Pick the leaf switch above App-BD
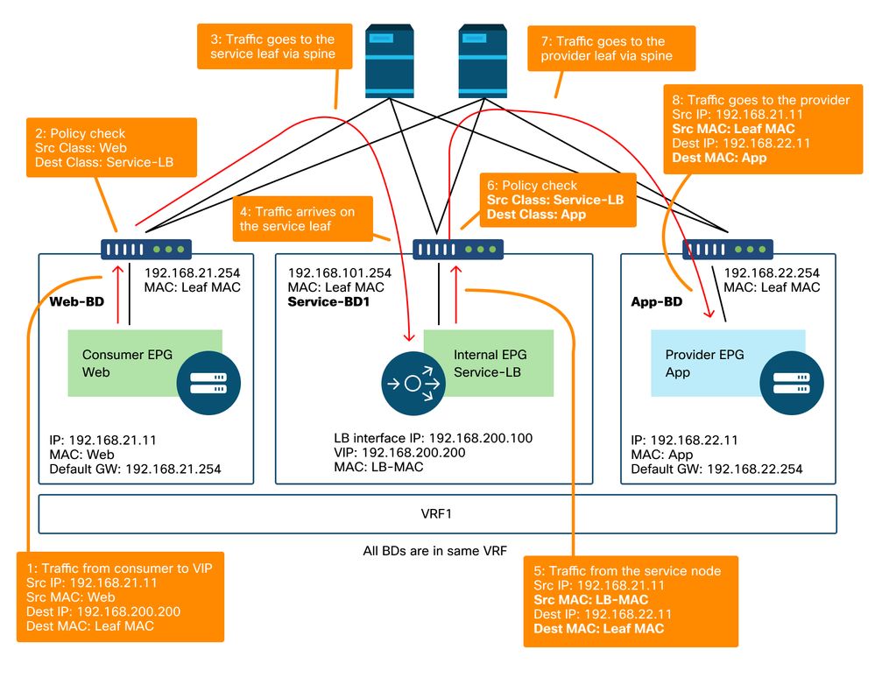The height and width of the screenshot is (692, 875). point(726,250)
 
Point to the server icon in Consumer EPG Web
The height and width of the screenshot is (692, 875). point(202,383)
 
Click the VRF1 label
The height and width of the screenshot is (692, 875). point(437,514)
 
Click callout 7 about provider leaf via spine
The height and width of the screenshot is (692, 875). point(610,48)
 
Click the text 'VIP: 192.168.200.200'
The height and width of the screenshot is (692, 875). point(399,453)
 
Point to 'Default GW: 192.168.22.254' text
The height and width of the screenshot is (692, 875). point(716,470)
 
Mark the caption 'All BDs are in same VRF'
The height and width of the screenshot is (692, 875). point(436,552)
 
